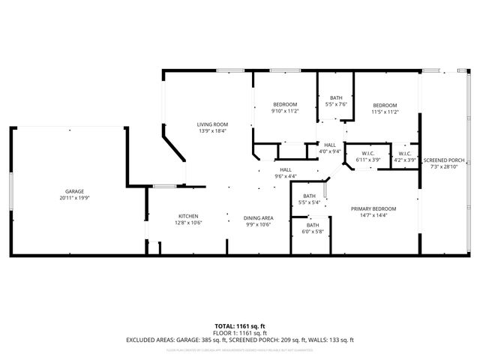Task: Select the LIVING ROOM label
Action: pos(212,124)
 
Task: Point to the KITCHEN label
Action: pos(188,215)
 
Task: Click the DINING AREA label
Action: pos(258,217)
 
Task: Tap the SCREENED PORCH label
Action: pos(444,160)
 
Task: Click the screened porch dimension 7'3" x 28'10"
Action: pos(444,167)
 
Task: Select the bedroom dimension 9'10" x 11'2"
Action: pos(285,111)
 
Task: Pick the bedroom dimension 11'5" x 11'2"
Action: pos(384,112)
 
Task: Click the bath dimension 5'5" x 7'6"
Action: pos(336,104)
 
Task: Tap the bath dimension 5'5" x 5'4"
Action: pos(309,202)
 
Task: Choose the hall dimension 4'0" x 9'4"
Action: pos(330,151)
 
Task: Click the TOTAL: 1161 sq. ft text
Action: pos(240,325)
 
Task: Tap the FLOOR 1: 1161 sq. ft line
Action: pos(240,332)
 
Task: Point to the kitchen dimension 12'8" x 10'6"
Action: pos(188,223)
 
